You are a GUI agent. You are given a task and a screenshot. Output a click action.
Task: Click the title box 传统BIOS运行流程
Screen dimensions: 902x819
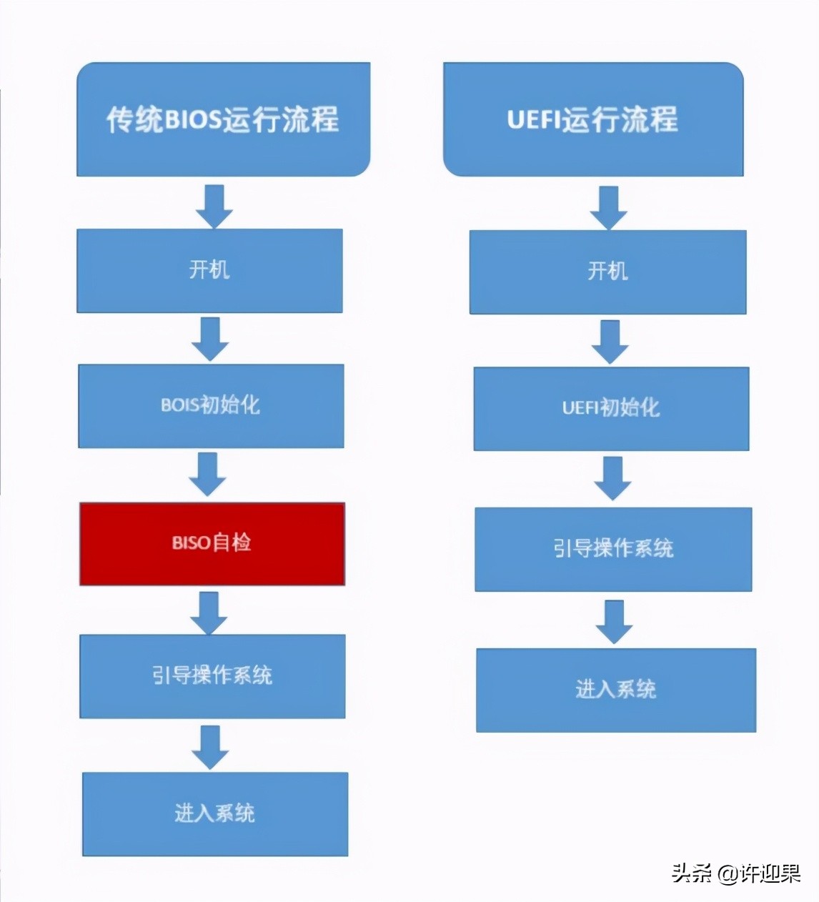223,119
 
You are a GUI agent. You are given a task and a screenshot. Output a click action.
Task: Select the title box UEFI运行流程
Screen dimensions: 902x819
592,119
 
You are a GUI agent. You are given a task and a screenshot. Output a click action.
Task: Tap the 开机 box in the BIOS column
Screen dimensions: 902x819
209,270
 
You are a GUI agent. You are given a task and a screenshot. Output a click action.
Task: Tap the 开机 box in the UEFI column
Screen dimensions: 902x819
607,272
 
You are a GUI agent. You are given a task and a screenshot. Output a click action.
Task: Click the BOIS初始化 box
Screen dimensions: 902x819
211,405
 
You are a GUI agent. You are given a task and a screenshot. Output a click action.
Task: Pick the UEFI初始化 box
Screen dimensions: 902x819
611,408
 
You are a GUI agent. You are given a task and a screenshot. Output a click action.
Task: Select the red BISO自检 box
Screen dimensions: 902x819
212,543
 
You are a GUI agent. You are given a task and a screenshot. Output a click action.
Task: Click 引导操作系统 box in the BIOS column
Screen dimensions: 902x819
212,675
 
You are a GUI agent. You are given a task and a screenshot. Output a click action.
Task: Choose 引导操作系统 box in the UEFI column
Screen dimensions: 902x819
613,549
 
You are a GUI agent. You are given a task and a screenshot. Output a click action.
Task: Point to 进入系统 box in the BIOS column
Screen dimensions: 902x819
214,813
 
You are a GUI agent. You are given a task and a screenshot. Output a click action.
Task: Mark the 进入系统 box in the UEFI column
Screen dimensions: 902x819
615,690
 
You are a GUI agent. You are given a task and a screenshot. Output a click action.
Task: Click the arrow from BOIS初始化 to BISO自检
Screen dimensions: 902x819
208,474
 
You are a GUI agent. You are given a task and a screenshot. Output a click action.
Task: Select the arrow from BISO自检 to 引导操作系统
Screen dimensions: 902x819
209,613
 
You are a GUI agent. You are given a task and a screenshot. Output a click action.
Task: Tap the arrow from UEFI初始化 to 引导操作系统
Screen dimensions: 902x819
612,478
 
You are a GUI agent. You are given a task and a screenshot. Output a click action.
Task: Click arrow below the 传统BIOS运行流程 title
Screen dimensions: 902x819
214,206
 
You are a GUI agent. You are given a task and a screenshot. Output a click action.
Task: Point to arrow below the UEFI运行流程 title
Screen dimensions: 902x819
608,207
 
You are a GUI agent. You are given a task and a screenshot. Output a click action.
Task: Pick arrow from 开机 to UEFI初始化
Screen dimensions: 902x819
610,341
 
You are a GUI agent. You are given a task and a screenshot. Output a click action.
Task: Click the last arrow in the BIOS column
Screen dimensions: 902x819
210,747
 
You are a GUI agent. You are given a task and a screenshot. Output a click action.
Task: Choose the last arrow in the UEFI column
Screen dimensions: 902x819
614,621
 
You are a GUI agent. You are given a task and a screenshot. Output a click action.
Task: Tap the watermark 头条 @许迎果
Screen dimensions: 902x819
735,873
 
